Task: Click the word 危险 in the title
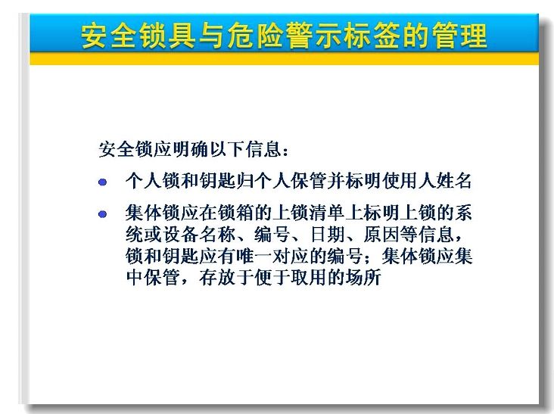(255, 36)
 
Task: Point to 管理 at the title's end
(459, 36)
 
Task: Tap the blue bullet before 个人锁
(102, 182)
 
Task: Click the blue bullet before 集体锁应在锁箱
(102, 214)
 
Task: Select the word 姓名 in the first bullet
(453, 180)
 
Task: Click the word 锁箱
(235, 213)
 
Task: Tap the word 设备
(180, 235)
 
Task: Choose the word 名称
(217, 235)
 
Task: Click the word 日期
(327, 235)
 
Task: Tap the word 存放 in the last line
(217, 278)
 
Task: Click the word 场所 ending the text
(363, 278)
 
